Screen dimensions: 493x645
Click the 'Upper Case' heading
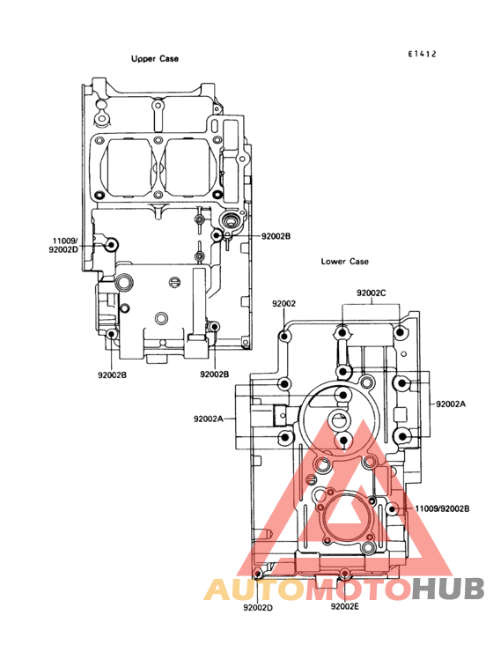point(155,59)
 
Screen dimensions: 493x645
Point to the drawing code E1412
point(422,54)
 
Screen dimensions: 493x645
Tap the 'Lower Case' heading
point(345,261)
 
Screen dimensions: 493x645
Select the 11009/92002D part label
point(63,245)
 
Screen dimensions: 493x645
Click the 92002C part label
point(372,293)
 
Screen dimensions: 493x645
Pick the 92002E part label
point(345,606)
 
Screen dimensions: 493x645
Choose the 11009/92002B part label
point(442,508)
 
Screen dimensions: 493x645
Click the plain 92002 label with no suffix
point(283,304)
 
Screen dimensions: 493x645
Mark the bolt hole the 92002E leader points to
point(345,573)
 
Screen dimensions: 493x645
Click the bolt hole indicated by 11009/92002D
point(111,245)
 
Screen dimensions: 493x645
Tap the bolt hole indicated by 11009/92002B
point(393,509)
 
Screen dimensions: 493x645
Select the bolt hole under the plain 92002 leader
point(284,337)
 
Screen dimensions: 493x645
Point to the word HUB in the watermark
point(448,589)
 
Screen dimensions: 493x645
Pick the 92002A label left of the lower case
point(209,419)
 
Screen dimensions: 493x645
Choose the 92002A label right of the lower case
point(451,404)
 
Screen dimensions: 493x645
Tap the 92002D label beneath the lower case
point(258,608)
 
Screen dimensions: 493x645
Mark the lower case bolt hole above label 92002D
point(258,574)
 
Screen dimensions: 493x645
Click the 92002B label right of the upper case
point(276,236)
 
